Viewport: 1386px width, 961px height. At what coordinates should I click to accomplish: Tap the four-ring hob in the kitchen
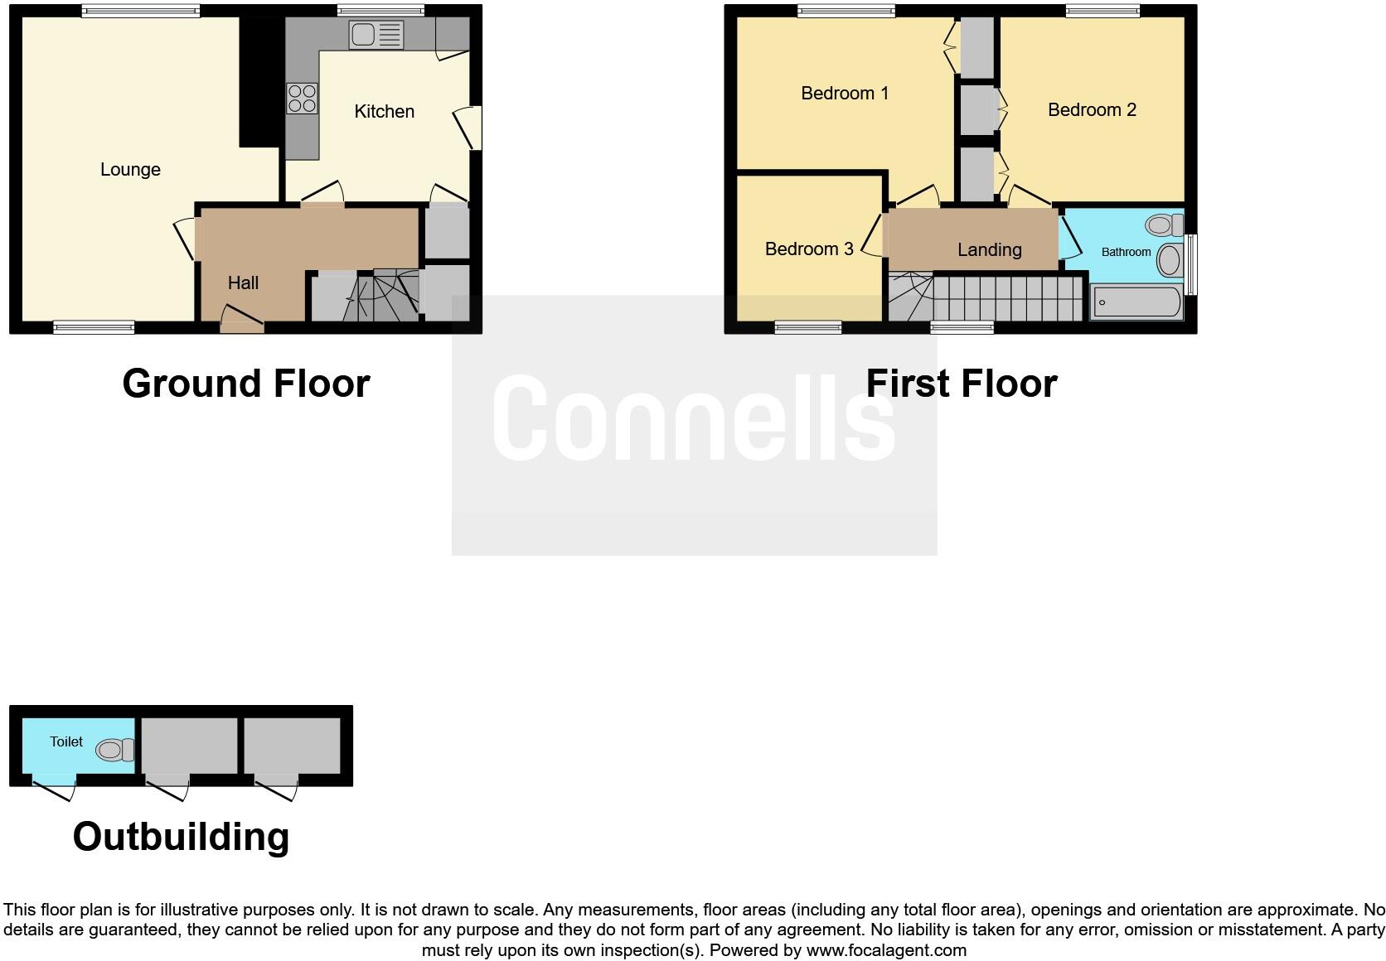pos(302,99)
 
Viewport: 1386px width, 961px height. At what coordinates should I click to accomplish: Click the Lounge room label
pos(130,170)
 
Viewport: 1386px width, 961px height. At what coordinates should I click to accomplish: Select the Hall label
pos(243,283)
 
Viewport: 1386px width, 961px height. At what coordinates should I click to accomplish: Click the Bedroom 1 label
pos(844,94)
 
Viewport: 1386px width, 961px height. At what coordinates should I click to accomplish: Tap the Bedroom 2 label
pos(1091,110)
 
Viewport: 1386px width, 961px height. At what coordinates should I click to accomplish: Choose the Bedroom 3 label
pos(808,249)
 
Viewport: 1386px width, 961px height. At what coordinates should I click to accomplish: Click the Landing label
pos(989,250)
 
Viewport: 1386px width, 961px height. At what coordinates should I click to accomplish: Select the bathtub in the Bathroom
pos(1136,302)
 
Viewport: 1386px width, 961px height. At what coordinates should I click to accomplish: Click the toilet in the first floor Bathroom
pos(1165,225)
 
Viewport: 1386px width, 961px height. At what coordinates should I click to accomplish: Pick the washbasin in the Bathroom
pos(1169,259)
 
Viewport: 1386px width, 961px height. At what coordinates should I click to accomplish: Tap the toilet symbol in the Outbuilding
pos(114,751)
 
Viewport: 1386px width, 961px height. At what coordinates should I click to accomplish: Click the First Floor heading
pos(961,384)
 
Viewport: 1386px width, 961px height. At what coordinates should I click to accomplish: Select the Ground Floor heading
pos(245,384)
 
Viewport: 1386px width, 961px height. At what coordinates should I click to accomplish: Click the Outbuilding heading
pos(181,837)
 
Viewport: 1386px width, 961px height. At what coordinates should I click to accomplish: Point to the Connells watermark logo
pos(694,418)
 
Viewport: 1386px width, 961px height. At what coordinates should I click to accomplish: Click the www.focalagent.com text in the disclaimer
pos(886,950)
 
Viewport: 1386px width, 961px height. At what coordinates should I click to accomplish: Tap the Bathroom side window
pos(1191,264)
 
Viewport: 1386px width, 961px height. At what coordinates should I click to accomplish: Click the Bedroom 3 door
pos(872,235)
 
